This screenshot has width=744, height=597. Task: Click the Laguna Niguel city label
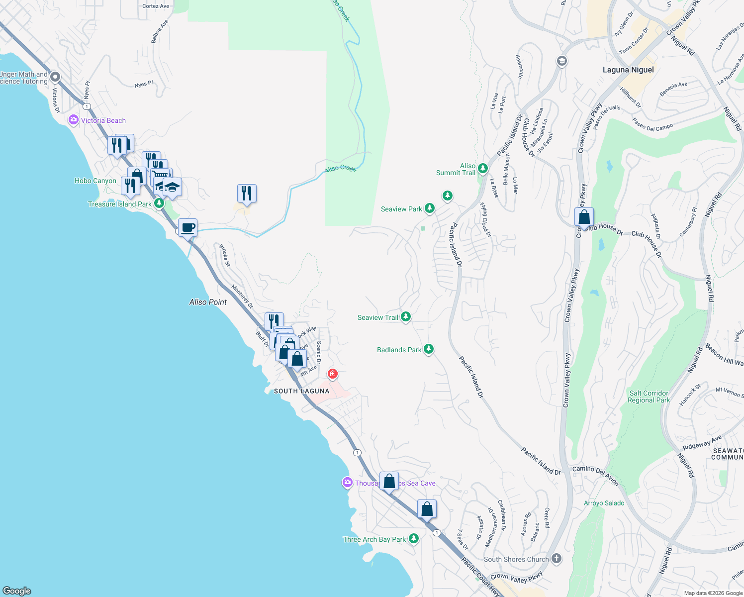(628, 70)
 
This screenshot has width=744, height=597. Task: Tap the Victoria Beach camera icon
(74, 120)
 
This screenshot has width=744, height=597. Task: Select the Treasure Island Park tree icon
(159, 203)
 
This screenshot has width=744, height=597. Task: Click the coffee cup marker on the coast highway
(187, 228)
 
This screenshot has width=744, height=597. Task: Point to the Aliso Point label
(208, 302)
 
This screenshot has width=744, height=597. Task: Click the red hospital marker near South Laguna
(332, 374)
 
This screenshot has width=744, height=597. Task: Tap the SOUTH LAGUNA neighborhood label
(301, 391)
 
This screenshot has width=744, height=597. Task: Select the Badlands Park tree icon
(428, 350)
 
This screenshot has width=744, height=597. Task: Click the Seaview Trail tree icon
(406, 317)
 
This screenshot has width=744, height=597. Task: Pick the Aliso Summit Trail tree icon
(482, 169)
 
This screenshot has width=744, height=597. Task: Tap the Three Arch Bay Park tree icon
(413, 539)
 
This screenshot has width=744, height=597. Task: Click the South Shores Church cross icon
(556, 559)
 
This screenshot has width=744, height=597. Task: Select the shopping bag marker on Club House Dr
(584, 217)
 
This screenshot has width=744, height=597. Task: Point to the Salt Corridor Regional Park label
(649, 397)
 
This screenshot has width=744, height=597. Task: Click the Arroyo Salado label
(604, 503)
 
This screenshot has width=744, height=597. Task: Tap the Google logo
(17, 591)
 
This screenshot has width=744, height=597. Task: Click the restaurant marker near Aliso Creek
(247, 193)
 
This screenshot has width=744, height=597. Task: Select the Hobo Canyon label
(95, 181)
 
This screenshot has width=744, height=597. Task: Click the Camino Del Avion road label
(595, 475)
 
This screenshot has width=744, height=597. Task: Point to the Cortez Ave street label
(156, 6)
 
